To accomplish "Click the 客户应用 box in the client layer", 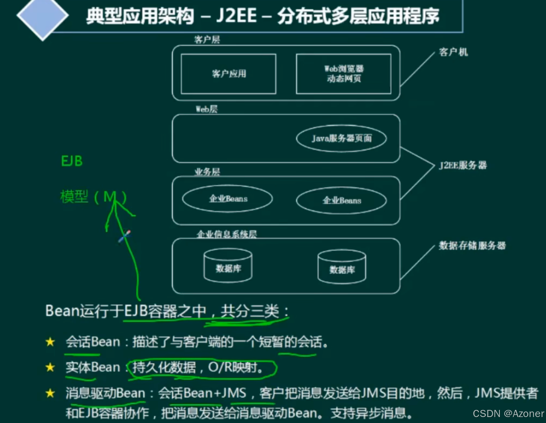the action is click(228, 74).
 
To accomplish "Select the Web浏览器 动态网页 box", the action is click(344, 74).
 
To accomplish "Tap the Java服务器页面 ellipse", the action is click(341, 138).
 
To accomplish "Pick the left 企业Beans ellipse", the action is click(228, 199).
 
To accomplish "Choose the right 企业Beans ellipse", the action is click(341, 200).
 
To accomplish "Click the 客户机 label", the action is click(453, 52).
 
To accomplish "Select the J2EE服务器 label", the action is click(463, 165).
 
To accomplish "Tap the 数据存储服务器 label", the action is click(472, 246).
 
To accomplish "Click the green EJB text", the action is click(72, 161).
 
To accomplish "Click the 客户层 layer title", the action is click(207, 39).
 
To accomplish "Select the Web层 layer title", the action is click(207, 109).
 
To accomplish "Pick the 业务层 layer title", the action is click(207, 172).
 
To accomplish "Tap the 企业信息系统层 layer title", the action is click(227, 234).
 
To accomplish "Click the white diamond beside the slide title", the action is click(43, 16).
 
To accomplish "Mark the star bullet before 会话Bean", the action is click(50, 342).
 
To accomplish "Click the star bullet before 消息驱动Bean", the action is click(50, 393).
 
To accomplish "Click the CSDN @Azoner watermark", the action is click(508, 413).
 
